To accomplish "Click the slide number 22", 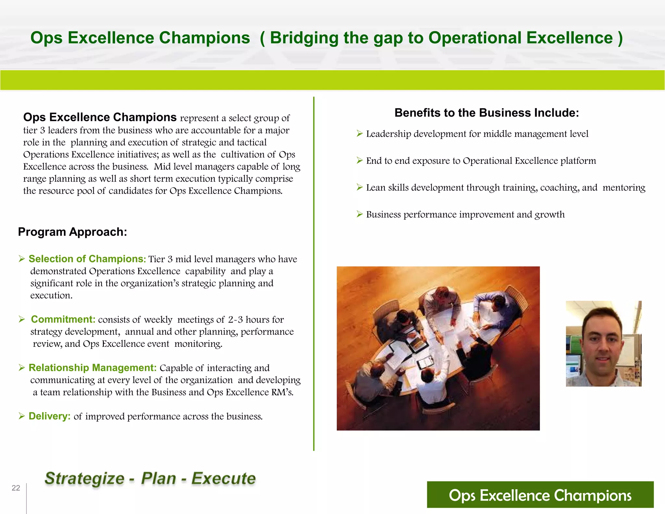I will (16, 488).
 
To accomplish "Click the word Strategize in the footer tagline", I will (84, 478).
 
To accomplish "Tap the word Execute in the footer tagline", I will (223, 478).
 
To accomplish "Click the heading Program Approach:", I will (72, 232).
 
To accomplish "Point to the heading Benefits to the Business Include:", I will (486, 113).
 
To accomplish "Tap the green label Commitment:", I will (63, 319).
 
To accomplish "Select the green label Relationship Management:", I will (93, 367).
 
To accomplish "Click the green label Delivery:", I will (49, 416).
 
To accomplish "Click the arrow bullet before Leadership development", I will (359, 134).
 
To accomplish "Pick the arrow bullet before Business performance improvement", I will (359, 214).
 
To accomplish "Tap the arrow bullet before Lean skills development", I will (359, 187).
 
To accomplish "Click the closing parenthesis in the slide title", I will (620, 38).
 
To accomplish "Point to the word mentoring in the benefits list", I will (623, 187).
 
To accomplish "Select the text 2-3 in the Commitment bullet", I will (235, 320).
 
